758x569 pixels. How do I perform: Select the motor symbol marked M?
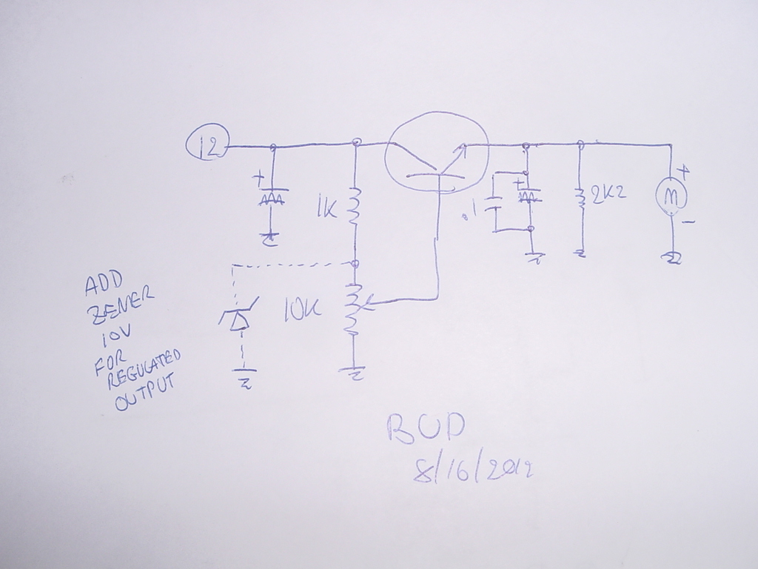coord(671,196)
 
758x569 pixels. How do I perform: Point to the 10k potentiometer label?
coord(302,313)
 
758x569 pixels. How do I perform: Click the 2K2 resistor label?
coord(609,193)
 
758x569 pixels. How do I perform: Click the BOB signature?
coord(427,428)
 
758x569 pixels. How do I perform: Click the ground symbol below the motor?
coord(672,258)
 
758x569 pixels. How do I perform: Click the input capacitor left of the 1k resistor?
coord(272,197)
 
